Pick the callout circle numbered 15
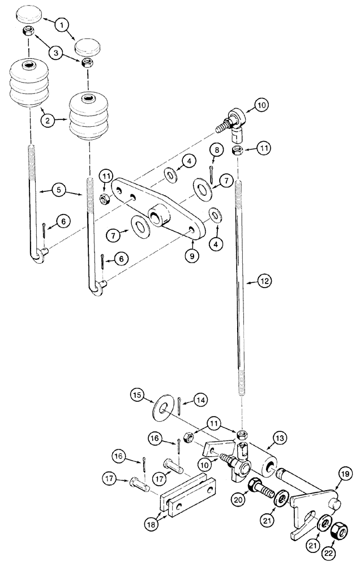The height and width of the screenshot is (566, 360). [136, 393]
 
